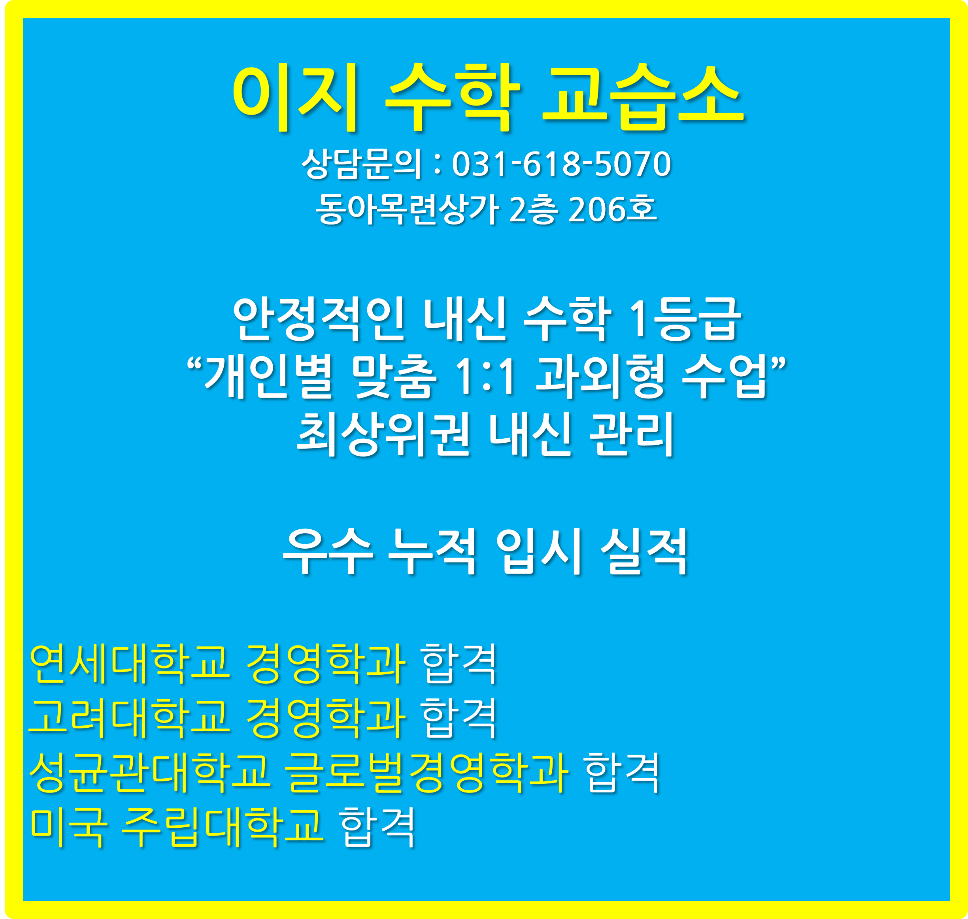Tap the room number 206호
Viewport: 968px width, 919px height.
612,209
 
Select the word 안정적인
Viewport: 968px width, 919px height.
319,319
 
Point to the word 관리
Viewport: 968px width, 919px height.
632,434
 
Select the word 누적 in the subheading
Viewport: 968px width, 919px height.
432,551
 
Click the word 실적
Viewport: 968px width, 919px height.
645,551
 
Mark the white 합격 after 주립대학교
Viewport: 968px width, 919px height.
377,827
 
